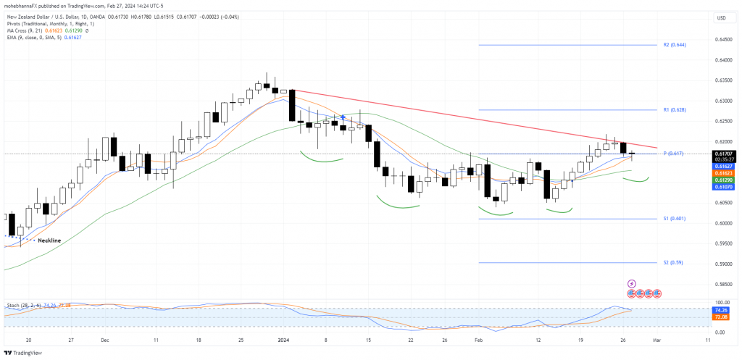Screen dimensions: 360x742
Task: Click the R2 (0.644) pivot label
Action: tap(674, 45)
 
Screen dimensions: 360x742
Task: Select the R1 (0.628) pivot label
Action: tap(674, 110)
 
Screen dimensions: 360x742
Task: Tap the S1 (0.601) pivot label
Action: tap(674, 218)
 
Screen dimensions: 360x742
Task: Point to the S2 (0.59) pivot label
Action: tap(672, 262)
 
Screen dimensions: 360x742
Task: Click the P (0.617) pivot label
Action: tap(674, 154)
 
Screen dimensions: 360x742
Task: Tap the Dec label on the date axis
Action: tap(104, 338)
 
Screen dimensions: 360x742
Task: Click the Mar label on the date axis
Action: tap(655, 338)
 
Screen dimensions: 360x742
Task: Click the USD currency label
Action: tap(721, 17)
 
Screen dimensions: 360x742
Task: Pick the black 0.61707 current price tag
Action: tap(724, 154)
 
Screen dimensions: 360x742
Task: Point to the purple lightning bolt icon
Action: tap(631, 283)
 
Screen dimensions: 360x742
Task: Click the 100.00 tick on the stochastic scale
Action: tap(723, 302)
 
